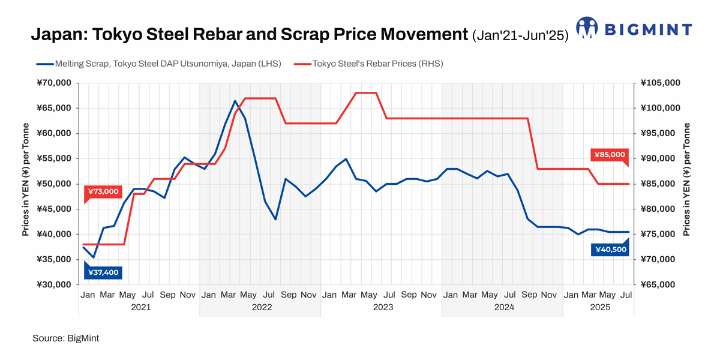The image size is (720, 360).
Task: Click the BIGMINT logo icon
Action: click(x=587, y=28)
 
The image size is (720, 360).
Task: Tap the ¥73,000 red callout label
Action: click(x=103, y=192)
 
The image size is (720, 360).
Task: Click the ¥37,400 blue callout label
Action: click(x=103, y=272)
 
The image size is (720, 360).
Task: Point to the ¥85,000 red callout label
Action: click(x=610, y=155)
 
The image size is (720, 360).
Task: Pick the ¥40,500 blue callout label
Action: click(x=610, y=250)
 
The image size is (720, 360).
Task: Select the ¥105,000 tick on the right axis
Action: click(x=660, y=83)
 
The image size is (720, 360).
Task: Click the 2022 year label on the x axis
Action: click(x=261, y=307)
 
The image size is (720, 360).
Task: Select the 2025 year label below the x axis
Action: click(x=599, y=307)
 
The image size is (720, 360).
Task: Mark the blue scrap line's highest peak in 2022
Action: click(x=235, y=101)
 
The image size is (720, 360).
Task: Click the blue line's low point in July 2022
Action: click(x=275, y=219)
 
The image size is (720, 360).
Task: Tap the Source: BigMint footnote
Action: click(x=66, y=338)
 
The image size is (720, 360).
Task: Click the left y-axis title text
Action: click(x=26, y=181)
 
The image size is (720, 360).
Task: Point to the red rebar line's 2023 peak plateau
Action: click(x=366, y=93)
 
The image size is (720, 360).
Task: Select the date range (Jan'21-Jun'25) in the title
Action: click(x=520, y=35)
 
